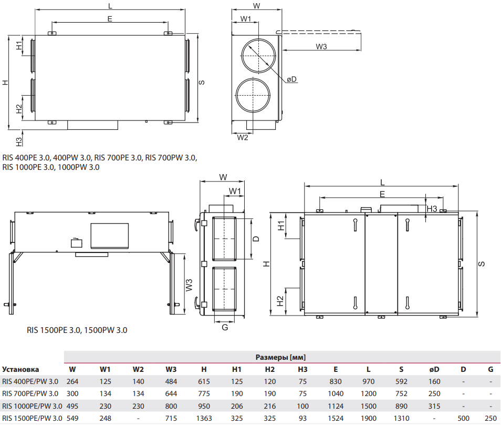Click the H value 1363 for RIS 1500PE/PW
coord(204,418)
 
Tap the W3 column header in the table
coord(171,369)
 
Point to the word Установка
coord(20,369)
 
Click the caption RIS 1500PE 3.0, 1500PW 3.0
coord(77,330)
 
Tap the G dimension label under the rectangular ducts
coord(225,327)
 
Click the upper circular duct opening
coord(258,55)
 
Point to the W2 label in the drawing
coord(242,137)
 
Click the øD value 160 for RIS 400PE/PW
coord(434,381)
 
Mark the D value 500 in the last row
coord(463,418)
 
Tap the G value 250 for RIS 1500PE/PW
coord(490,418)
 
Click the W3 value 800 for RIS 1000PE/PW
coord(171,406)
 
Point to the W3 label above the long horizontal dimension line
coord(321,47)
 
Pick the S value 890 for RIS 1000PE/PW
coord(401,406)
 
